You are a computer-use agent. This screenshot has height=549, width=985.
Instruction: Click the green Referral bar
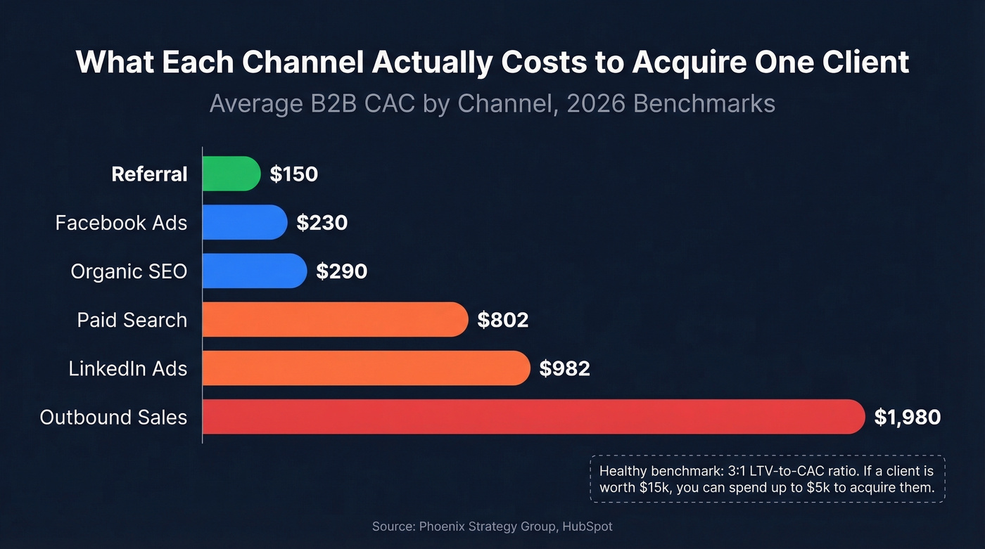click(231, 174)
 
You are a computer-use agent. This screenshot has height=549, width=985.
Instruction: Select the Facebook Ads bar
click(244, 222)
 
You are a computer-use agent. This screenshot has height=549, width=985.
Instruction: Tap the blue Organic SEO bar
click(254, 271)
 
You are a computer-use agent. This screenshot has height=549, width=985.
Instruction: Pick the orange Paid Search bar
click(334, 320)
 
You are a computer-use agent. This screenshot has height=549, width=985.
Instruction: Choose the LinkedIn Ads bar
click(365, 368)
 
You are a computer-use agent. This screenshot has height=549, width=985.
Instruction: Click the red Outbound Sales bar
click(533, 417)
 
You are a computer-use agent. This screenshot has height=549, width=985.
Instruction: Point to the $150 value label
click(294, 174)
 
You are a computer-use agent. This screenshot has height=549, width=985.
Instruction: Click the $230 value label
click(322, 223)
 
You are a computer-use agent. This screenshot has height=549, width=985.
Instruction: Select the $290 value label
click(341, 271)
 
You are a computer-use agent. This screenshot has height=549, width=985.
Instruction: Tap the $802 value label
click(502, 321)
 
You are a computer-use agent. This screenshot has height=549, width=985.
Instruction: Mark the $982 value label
click(564, 369)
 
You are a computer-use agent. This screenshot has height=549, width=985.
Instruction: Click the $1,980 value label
click(907, 418)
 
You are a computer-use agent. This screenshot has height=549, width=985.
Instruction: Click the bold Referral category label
click(149, 174)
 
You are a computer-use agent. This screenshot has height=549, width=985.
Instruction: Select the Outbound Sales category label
click(113, 418)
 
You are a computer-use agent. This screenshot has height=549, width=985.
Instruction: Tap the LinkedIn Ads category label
click(128, 369)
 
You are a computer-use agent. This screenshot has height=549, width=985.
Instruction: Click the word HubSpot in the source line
click(587, 527)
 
